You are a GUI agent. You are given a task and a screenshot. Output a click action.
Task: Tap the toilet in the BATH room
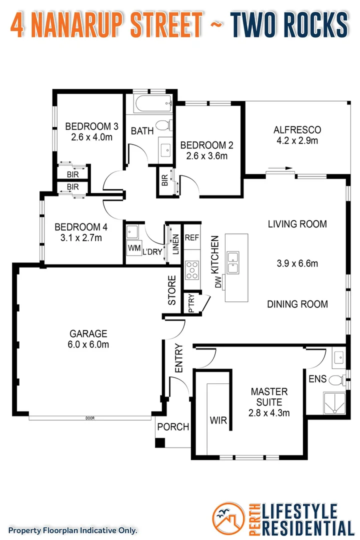click(x=163, y=125)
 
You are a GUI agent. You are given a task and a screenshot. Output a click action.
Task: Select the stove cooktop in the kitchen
click(x=192, y=271)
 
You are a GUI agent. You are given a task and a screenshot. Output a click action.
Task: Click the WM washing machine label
click(x=133, y=248)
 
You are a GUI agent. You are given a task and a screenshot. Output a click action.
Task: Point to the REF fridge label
click(x=192, y=238)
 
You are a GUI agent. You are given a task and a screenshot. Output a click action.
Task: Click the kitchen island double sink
click(x=233, y=262)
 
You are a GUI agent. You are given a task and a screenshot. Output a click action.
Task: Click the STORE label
click(x=172, y=290)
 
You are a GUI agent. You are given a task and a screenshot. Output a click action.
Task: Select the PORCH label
click(x=173, y=427)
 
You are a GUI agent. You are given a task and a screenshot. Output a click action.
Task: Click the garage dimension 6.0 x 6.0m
click(x=88, y=344)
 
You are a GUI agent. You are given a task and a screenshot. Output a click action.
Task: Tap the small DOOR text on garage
click(x=90, y=418)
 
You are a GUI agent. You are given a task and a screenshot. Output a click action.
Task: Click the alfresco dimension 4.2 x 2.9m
click(x=297, y=140)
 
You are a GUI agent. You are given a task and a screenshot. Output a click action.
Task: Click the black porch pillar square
click(x=159, y=442)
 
